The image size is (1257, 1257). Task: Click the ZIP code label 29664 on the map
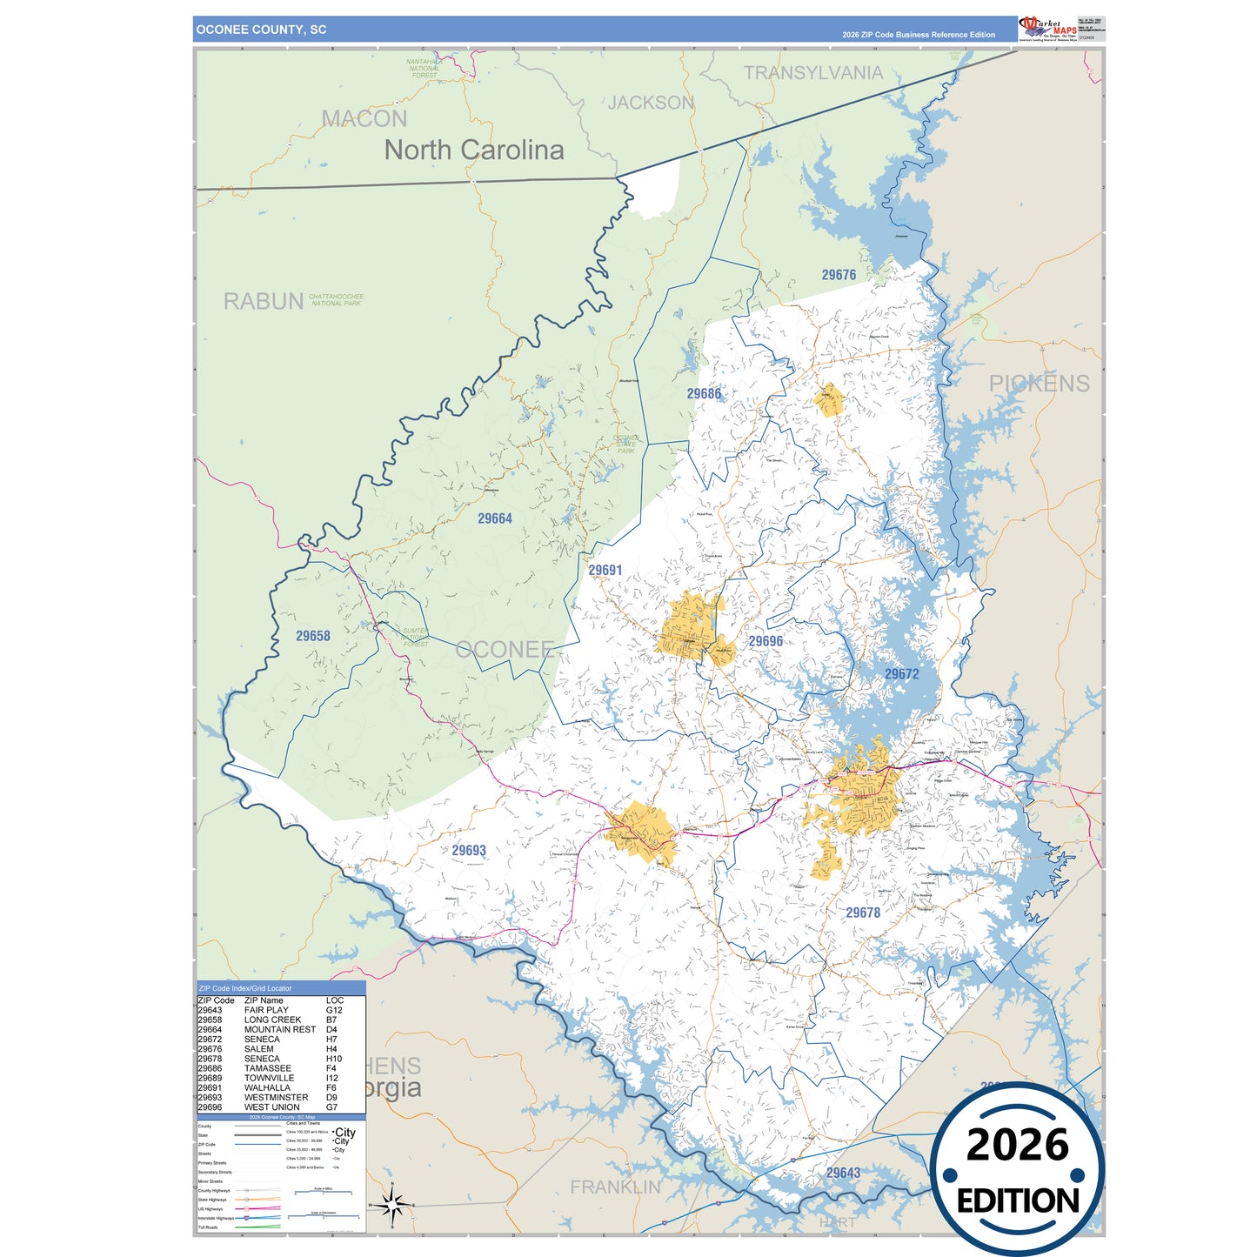pyautogui.click(x=495, y=518)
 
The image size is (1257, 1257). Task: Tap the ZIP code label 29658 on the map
pyautogui.click(x=313, y=636)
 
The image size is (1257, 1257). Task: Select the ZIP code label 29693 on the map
pyautogui.click(x=469, y=851)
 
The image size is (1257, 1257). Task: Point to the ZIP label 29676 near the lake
pyautogui.click(x=839, y=275)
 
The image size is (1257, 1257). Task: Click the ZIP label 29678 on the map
pyautogui.click(x=863, y=913)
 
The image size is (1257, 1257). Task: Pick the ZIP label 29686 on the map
pyautogui.click(x=704, y=394)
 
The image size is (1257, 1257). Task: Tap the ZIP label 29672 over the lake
pyautogui.click(x=901, y=674)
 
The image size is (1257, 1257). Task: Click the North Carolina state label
pyautogui.click(x=474, y=150)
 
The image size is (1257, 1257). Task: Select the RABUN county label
pyautogui.click(x=264, y=302)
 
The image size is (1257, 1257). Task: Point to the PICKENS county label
pyautogui.click(x=1039, y=384)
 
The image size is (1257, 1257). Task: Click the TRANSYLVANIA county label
pyautogui.click(x=812, y=73)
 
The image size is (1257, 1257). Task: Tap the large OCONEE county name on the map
pyautogui.click(x=505, y=650)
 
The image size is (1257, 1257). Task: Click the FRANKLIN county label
pyautogui.click(x=615, y=1187)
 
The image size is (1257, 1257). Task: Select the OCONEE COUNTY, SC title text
pyautogui.click(x=261, y=30)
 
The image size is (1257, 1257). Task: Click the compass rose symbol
pyautogui.click(x=392, y=1206)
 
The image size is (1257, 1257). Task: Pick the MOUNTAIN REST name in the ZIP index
pyautogui.click(x=280, y=1030)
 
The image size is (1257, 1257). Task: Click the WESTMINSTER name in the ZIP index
pyautogui.click(x=276, y=1098)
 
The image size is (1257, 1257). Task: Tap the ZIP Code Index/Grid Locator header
pyautogui.click(x=245, y=988)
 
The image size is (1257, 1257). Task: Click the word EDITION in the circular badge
pyautogui.click(x=1018, y=1201)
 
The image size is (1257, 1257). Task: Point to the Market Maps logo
pyautogui.click(x=1047, y=28)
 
